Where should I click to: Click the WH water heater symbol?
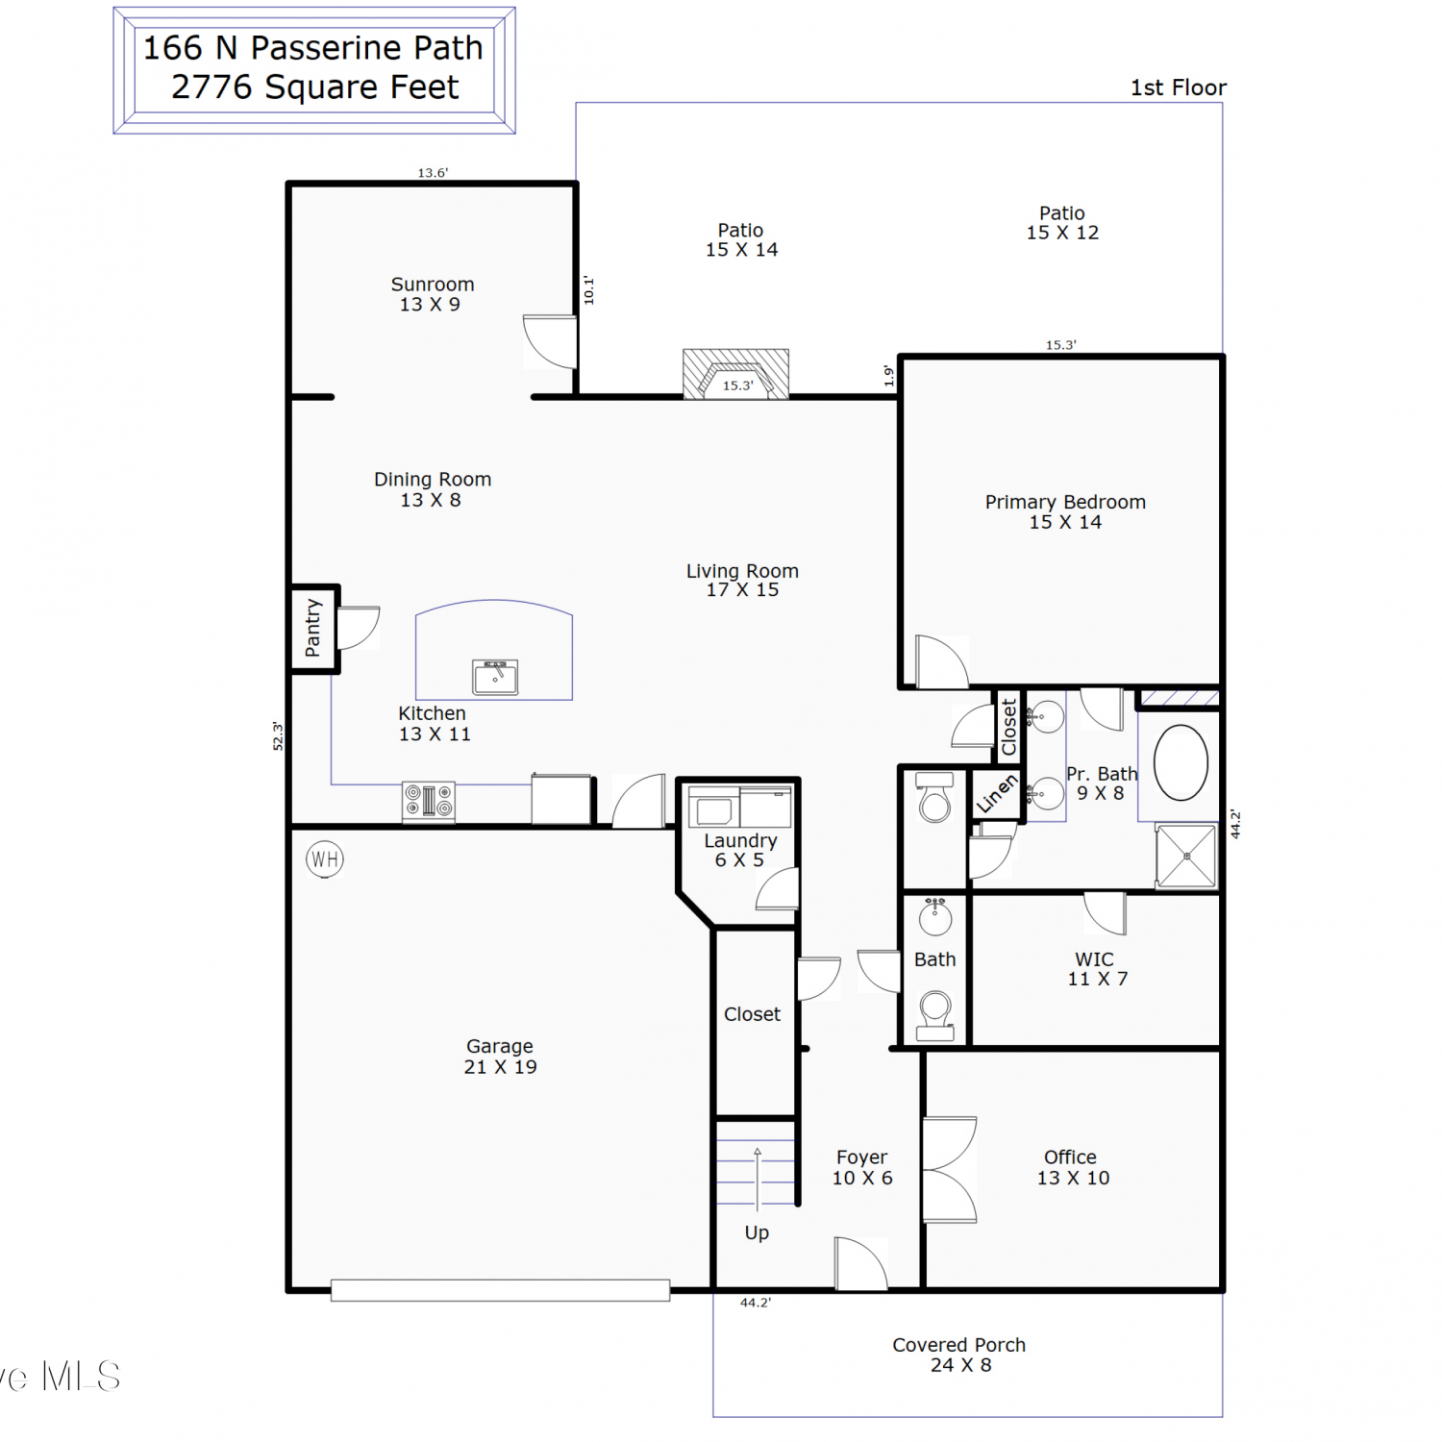(325, 858)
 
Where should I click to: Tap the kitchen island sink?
(495, 677)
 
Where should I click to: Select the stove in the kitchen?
(428, 801)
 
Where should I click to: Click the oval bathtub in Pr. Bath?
(1181, 762)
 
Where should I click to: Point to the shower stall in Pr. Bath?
(1187, 856)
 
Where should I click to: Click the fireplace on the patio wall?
(735, 374)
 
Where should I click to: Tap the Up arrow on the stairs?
(758, 1179)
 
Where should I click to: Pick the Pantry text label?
(312, 628)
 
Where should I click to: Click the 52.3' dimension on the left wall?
(278, 736)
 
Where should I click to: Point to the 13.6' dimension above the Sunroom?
(433, 173)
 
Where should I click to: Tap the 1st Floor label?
(1179, 87)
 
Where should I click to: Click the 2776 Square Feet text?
(315, 87)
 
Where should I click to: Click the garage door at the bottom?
(500, 1290)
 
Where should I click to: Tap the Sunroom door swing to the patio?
(550, 341)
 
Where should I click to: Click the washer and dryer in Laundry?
(740, 807)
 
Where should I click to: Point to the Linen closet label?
(997, 793)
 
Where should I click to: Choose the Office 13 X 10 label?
(1073, 1167)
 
